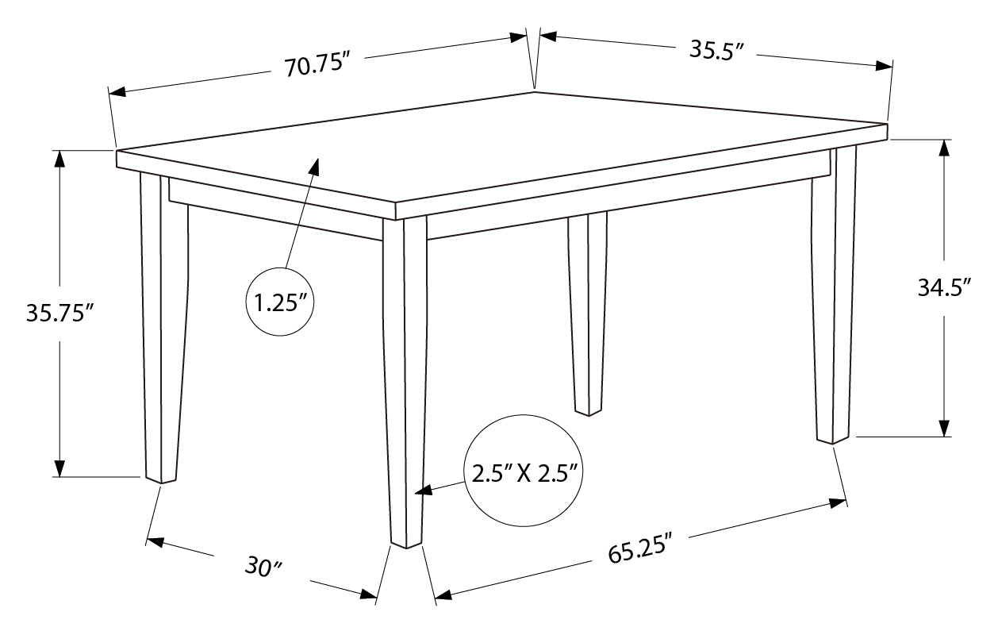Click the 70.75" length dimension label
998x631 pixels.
pos(317,64)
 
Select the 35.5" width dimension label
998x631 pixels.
pos(716,50)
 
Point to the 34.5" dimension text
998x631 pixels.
pos(945,287)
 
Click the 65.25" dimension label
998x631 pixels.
pos(640,549)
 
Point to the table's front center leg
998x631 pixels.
pos(405,381)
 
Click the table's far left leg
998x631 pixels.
pos(163,325)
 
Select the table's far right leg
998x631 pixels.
pos(833,294)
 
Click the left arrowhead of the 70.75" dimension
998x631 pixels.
pos(117,91)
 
